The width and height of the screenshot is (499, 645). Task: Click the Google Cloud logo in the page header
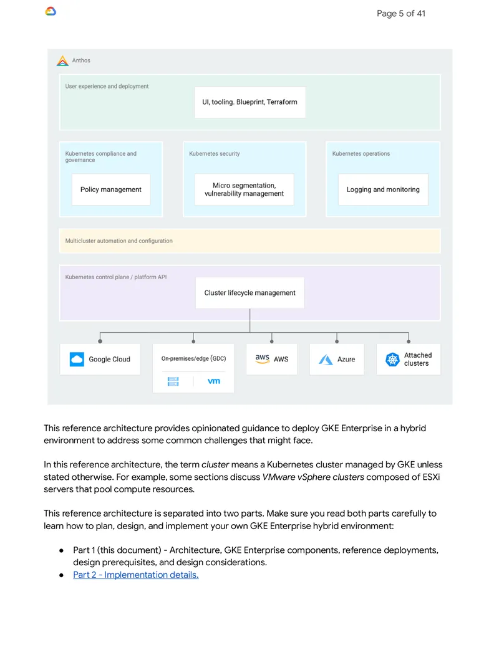(51, 11)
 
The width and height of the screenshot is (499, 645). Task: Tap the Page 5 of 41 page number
(400, 14)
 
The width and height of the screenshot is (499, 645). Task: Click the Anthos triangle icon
(62, 61)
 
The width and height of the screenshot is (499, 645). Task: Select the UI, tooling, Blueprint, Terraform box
(250, 102)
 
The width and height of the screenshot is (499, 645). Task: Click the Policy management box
(111, 189)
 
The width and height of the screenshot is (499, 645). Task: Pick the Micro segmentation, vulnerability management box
(244, 189)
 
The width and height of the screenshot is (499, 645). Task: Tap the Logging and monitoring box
(383, 189)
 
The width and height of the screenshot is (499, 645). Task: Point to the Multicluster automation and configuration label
(119, 241)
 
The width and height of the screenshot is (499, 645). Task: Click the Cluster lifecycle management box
(250, 293)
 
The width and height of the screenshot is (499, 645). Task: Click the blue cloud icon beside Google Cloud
(77, 359)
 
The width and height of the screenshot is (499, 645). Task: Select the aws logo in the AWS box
(262, 359)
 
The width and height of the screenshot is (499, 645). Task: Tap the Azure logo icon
(326, 360)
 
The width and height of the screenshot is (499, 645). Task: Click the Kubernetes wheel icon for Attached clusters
(392, 360)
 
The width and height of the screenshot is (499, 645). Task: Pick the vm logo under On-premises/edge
(214, 381)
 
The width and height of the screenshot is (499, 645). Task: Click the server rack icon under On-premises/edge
(173, 381)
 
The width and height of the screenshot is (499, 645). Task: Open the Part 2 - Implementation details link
(136, 575)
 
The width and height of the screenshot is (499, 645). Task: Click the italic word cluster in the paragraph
(215, 464)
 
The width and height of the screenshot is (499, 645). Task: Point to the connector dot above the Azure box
(337, 342)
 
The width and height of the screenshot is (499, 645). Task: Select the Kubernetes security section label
(214, 153)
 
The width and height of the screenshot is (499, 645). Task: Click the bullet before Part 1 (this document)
(61, 550)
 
